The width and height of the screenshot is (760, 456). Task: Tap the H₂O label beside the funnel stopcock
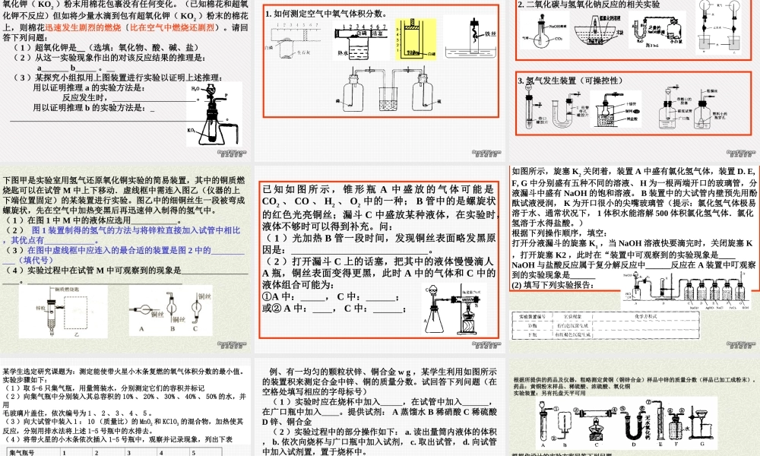click(x=195, y=89)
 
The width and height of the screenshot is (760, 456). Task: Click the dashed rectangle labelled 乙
click(x=73, y=309)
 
